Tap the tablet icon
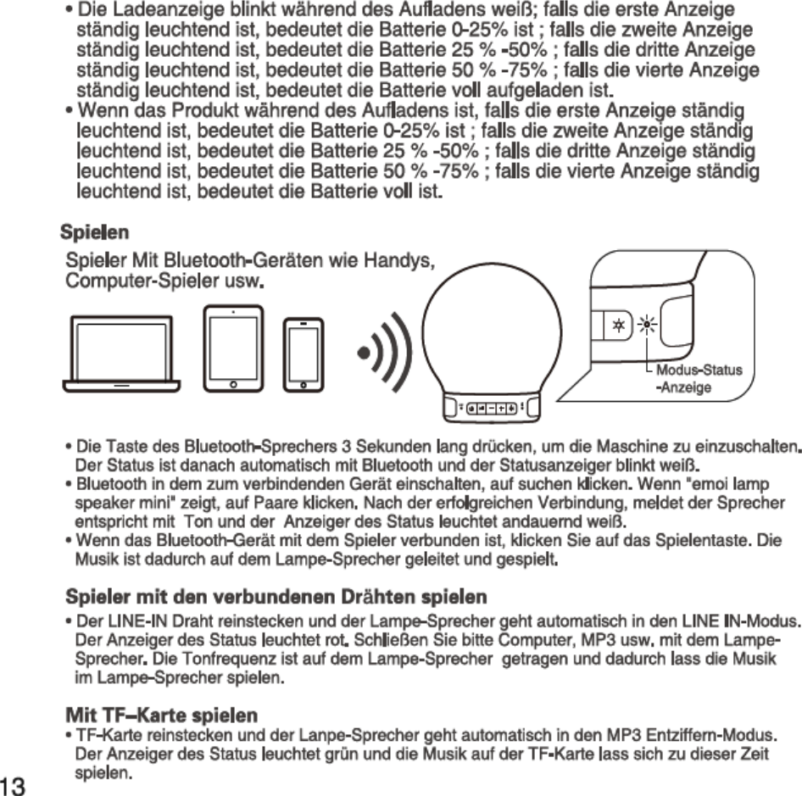(x=233, y=348)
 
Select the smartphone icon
(x=304, y=355)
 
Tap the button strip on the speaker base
(x=493, y=407)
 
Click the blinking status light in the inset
(x=649, y=324)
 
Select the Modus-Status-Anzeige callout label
(x=698, y=379)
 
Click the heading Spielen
(x=94, y=231)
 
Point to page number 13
(x=17, y=783)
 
